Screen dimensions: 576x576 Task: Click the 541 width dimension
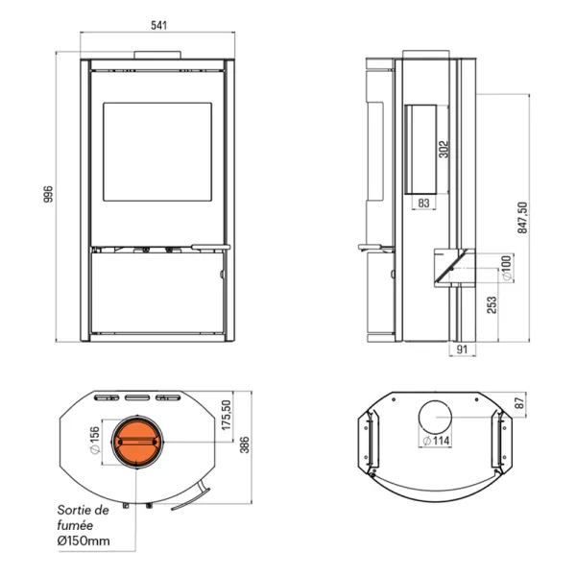158,25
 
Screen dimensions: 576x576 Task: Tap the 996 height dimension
49,194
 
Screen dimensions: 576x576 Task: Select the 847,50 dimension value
522,218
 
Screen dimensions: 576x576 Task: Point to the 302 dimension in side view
444,149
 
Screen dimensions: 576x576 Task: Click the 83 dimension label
423,203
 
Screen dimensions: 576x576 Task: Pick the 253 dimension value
492,305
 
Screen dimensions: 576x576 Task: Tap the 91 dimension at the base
462,349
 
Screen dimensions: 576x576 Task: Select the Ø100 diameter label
506,268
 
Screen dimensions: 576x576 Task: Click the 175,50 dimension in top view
227,415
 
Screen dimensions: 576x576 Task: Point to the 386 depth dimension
244,444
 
